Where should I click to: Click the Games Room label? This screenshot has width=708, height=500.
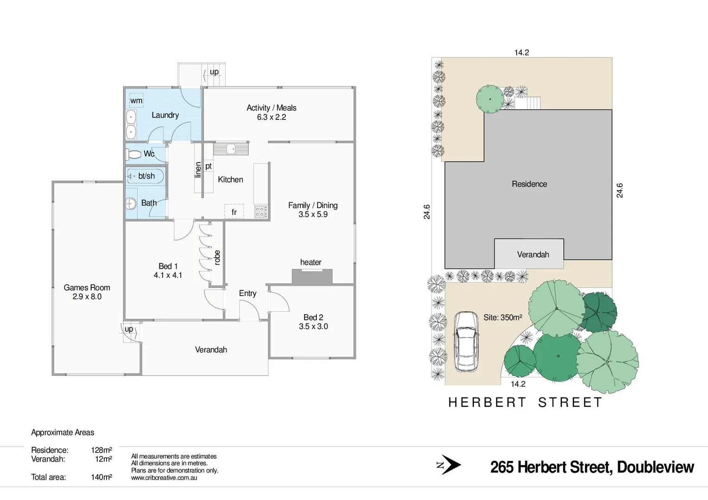(x=87, y=287)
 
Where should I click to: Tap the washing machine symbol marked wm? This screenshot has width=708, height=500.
(x=136, y=100)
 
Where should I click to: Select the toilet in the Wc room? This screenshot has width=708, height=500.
(x=134, y=154)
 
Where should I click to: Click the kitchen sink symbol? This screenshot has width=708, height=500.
(x=230, y=149)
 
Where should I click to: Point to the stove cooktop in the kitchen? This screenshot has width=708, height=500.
(x=260, y=212)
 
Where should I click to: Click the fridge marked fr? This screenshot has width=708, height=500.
(x=234, y=212)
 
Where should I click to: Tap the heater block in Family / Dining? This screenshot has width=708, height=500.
(x=312, y=276)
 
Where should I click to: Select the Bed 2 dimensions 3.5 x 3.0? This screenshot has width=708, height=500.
(x=313, y=326)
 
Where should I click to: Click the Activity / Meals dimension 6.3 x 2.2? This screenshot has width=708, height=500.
(x=272, y=117)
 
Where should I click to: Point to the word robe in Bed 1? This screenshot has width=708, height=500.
(x=217, y=257)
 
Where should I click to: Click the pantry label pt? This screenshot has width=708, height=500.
(x=209, y=166)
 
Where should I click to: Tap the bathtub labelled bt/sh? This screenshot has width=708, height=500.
(x=145, y=176)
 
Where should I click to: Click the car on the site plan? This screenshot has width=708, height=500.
(x=466, y=341)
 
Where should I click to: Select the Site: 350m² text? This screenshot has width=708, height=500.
(x=503, y=318)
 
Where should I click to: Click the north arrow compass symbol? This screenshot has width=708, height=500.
(x=449, y=465)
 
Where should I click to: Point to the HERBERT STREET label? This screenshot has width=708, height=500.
(x=525, y=402)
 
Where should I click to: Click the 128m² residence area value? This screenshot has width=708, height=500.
(x=101, y=450)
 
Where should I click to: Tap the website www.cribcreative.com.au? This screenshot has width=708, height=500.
(x=164, y=478)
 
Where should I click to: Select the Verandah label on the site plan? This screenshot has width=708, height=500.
(x=533, y=255)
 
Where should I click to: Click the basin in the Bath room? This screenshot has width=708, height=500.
(x=132, y=203)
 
